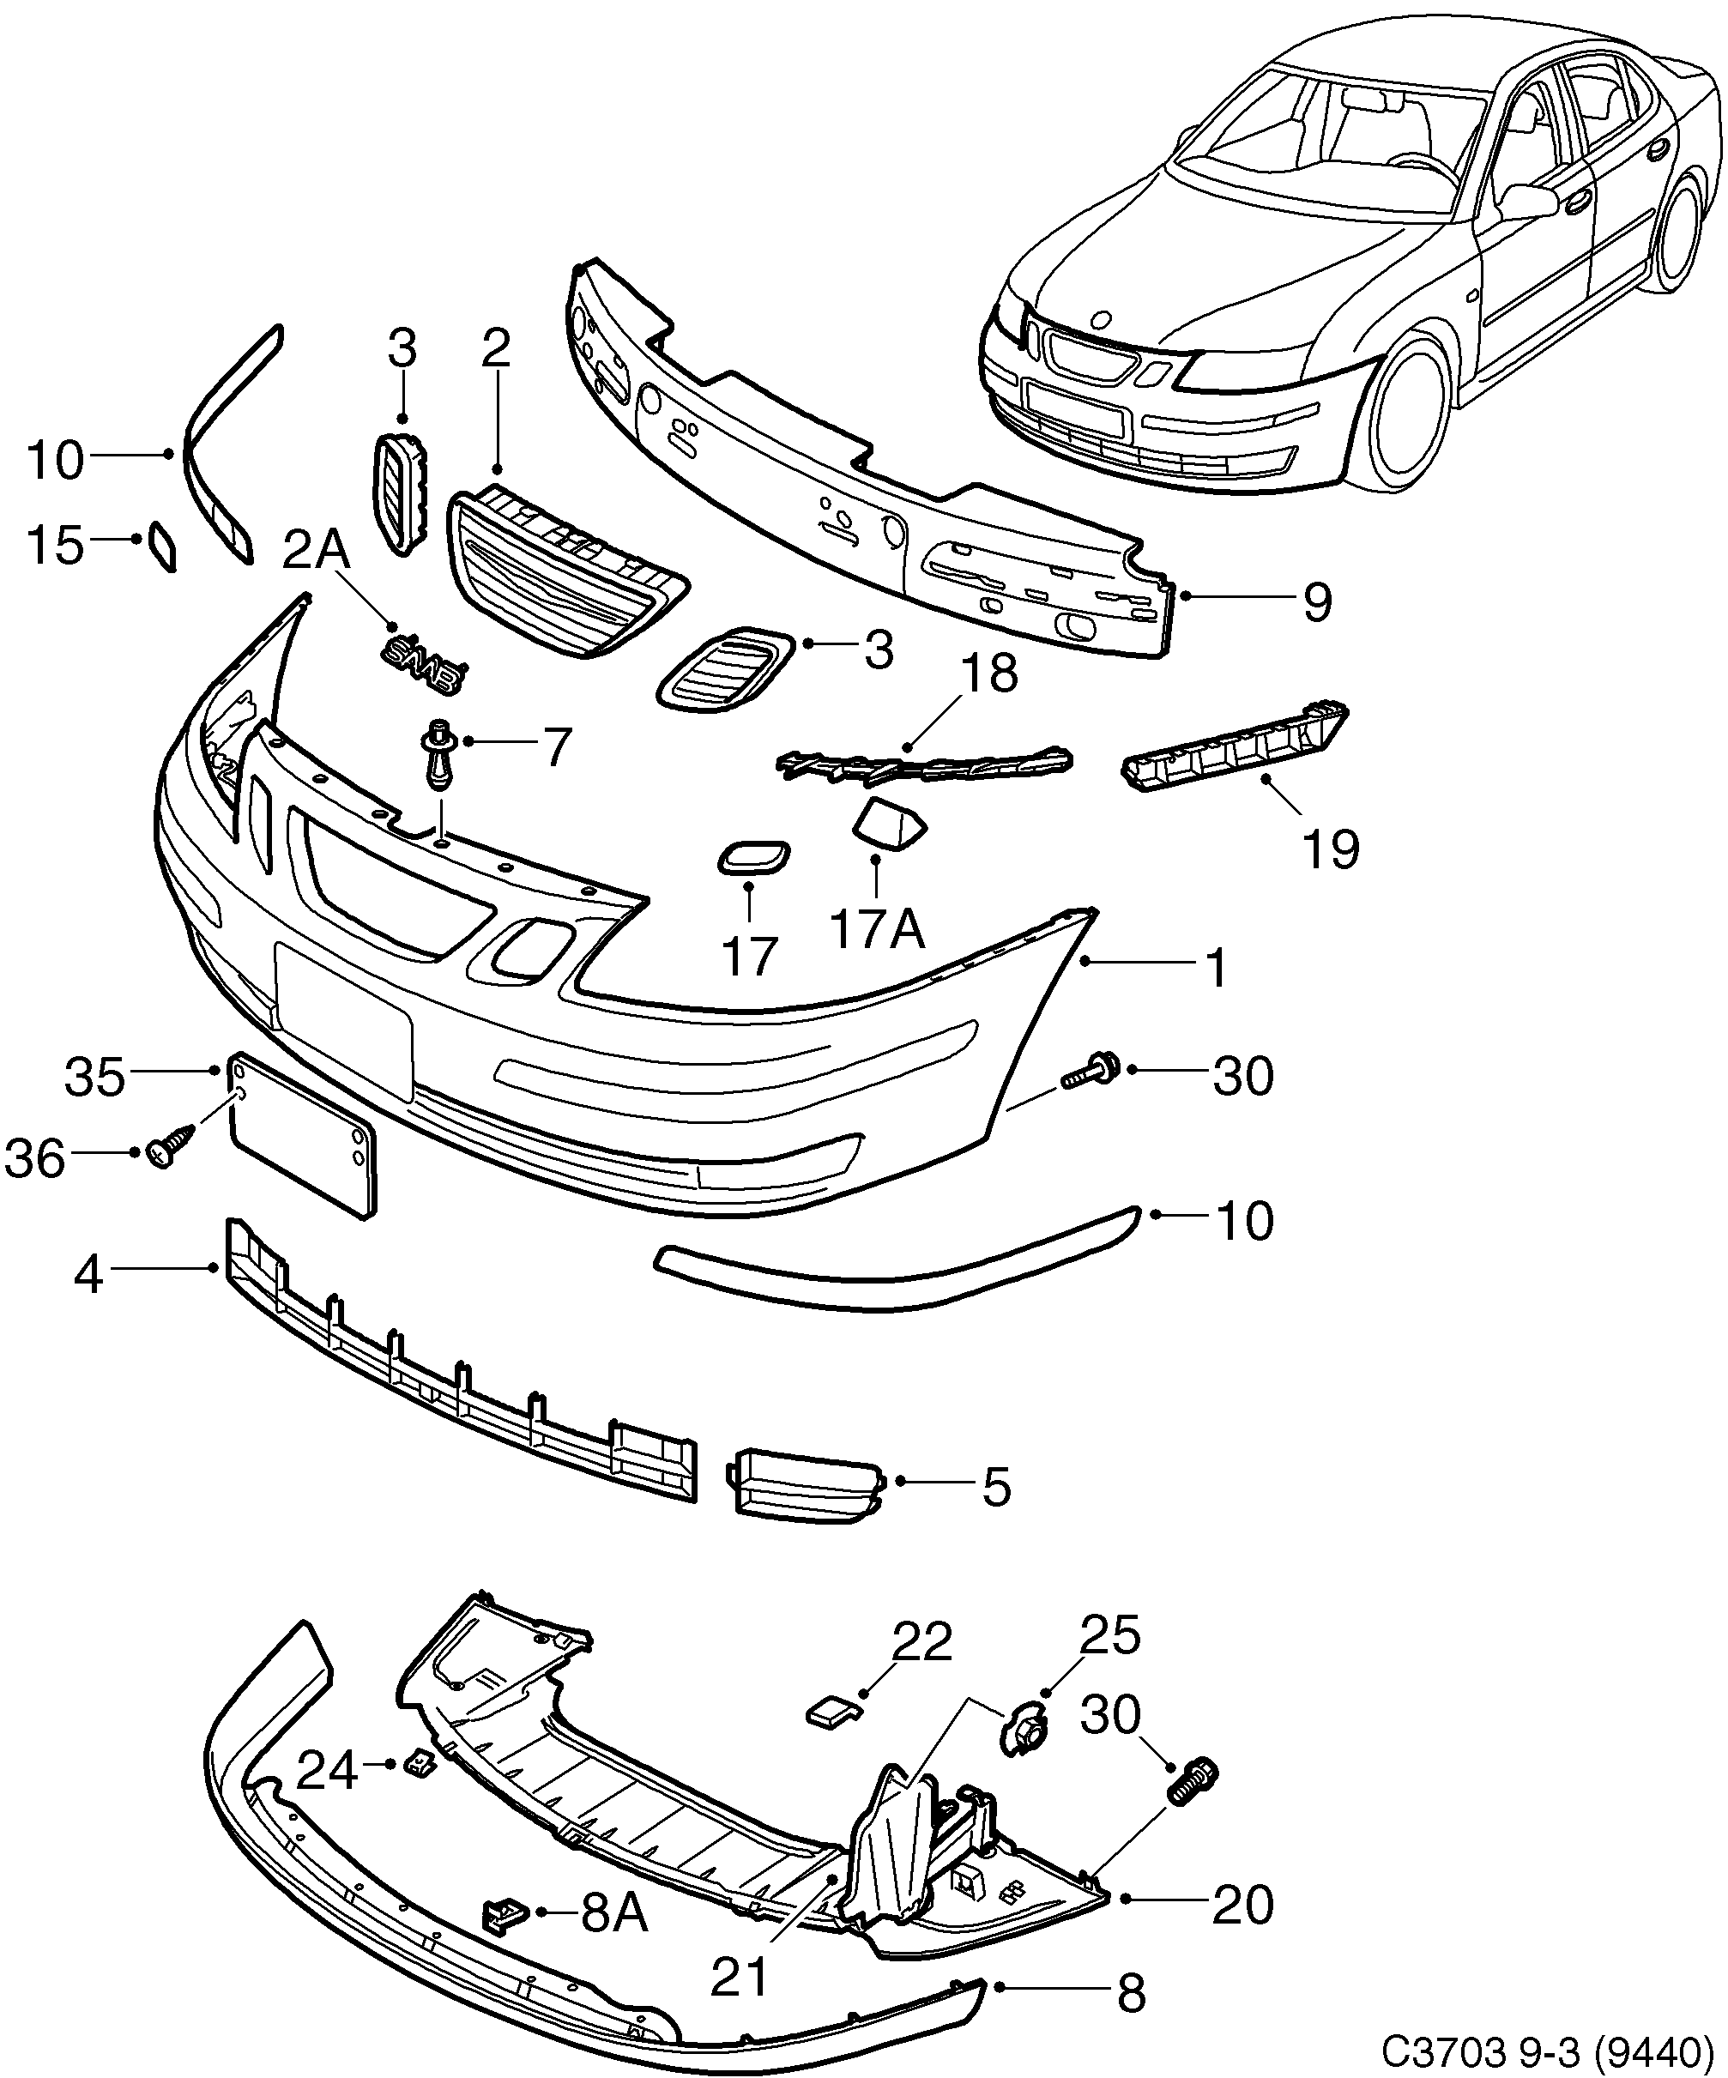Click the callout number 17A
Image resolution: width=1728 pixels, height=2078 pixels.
877,930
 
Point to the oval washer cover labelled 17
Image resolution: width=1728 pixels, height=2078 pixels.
752,858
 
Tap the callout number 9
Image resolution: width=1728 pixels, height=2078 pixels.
1316,601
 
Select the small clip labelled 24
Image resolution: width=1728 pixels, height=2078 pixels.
420,1762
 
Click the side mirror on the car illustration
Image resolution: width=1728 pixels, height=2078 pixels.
1528,202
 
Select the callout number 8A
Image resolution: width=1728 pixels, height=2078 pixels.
613,1914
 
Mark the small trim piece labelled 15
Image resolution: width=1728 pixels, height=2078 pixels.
162,547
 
